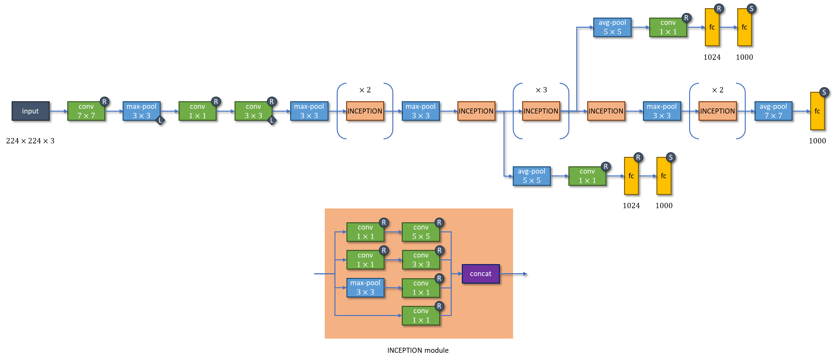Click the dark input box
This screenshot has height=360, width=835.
[30, 111]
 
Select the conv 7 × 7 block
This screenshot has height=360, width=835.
[86, 111]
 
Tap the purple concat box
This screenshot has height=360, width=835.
[480, 274]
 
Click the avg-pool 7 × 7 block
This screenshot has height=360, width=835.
[773, 111]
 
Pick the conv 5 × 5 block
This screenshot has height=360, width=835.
[421, 232]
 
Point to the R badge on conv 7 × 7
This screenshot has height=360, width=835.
[104, 102]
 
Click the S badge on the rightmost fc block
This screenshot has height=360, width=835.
[824, 92]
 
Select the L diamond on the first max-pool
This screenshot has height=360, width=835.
[160, 120]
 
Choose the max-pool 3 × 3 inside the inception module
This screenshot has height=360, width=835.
[365, 288]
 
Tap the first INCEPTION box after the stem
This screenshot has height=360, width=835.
[365, 111]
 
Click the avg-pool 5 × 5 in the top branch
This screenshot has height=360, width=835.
[612, 27]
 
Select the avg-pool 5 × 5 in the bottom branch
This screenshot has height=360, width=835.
[531, 176]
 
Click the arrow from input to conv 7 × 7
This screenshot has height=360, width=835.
[58, 111]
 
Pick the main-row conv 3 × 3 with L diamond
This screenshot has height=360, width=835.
[253, 111]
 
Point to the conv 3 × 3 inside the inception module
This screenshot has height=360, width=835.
[421, 260]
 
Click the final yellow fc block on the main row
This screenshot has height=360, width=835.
[817, 111]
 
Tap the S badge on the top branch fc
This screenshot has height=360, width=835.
[751, 9]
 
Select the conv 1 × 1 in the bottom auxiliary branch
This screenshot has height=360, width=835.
[587, 176]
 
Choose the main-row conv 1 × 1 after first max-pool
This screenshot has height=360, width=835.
[197, 111]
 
